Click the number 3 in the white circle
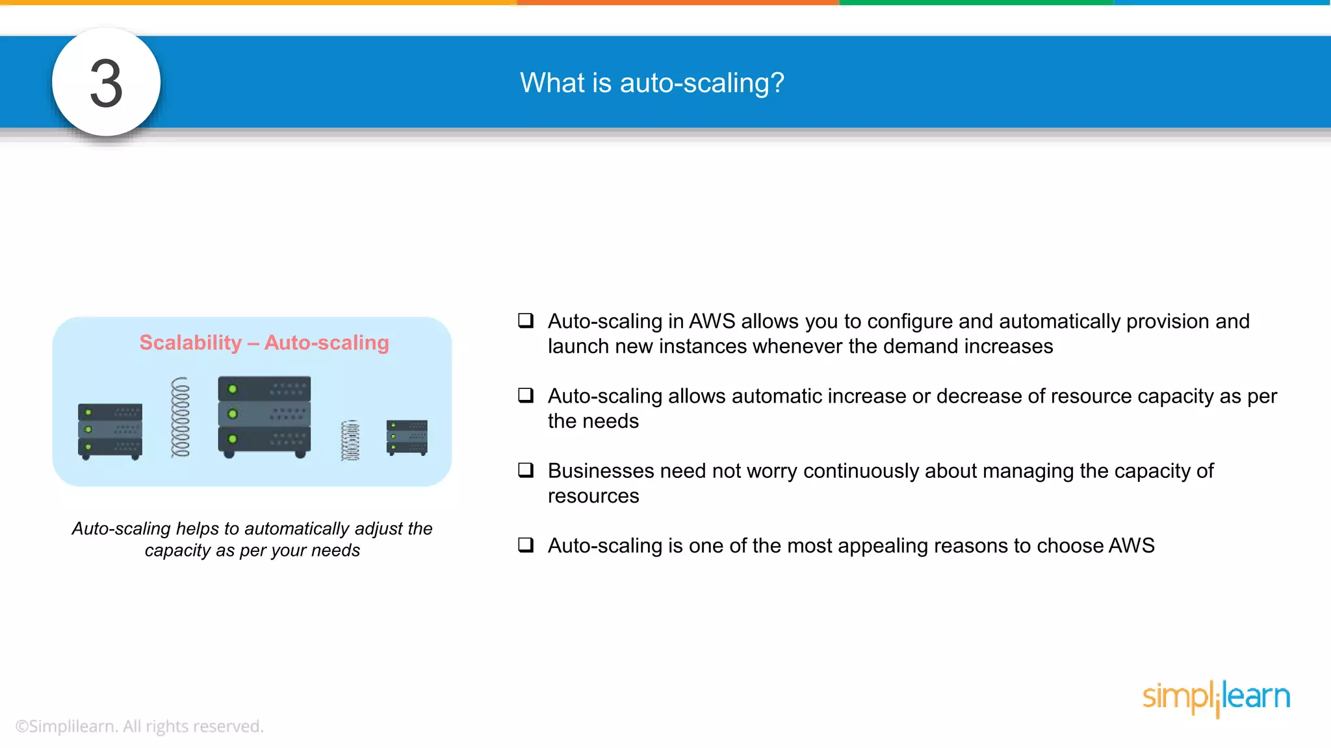point(106,83)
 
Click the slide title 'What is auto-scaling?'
point(652,83)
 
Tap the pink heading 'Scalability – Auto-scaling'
point(264,342)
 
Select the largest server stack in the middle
point(264,416)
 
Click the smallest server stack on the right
point(407,437)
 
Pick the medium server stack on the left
point(110,430)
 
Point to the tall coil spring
point(181,418)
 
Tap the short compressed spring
point(350,440)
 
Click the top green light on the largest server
point(233,389)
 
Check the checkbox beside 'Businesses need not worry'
point(526,470)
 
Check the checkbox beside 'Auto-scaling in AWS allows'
point(526,320)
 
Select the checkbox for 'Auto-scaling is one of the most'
point(526,545)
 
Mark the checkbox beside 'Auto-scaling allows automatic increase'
point(526,395)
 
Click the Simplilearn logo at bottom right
point(1216,697)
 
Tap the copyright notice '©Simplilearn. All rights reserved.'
point(140,726)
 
